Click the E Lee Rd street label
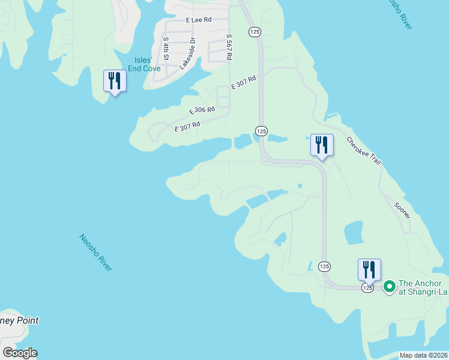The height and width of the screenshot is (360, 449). [x=199, y=20]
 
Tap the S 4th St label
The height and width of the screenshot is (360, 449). [x=166, y=49]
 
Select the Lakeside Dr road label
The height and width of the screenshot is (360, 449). [x=188, y=53]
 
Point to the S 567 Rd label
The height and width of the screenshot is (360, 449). [x=229, y=47]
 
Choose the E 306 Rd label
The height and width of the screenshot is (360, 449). [x=202, y=110]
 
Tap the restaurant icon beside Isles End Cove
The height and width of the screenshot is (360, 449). [x=115, y=81]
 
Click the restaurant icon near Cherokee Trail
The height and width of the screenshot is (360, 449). [x=322, y=146]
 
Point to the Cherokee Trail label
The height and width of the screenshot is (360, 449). [x=363, y=152]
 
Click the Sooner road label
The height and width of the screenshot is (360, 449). [x=402, y=209]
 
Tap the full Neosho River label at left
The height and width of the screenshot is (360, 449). [x=95, y=252]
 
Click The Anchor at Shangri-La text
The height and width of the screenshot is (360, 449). [x=424, y=287]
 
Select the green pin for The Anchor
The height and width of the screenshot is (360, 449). [x=389, y=287]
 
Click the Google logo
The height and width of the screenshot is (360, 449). [x=20, y=353]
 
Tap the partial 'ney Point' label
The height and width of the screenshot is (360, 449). [x=19, y=320]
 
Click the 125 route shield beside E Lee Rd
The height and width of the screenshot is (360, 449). [x=254, y=31]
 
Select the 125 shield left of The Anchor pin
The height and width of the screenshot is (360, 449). [x=367, y=288]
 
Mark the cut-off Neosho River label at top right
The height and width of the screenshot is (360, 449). [x=399, y=13]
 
